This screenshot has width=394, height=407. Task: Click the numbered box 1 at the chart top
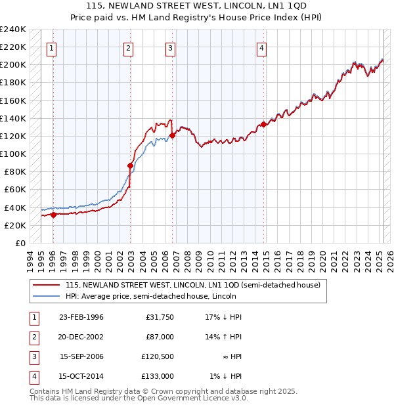51,47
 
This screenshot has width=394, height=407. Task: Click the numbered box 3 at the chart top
170,47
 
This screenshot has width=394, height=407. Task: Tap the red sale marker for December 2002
130,166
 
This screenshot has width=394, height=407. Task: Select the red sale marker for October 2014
263,124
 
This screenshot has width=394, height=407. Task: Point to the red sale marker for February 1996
53,215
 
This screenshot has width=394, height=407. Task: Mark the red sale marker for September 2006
172,135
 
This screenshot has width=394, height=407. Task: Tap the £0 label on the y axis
20,243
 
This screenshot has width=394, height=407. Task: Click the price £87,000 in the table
160,337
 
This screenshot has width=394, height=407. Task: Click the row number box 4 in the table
33,376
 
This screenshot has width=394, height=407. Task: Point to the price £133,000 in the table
158,376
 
